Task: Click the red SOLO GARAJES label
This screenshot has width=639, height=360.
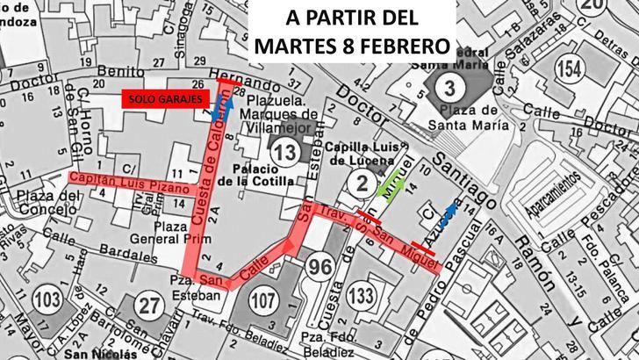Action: click(x=166, y=98)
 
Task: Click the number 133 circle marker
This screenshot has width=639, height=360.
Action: click(x=359, y=297)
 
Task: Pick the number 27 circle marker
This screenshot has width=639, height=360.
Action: click(x=152, y=305)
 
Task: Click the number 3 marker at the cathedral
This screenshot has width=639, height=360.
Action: click(x=449, y=86)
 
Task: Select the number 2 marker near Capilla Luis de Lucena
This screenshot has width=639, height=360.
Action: click(x=362, y=182)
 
